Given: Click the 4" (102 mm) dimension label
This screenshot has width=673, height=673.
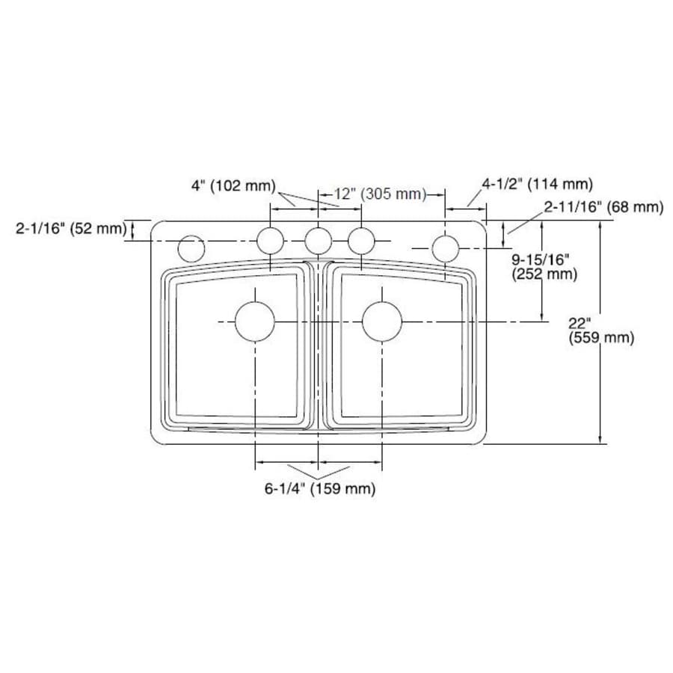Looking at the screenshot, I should pos(233,186).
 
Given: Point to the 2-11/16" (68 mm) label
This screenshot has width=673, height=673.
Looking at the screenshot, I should pos(603,207).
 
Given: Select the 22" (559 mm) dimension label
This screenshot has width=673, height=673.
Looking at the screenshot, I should pos(601,331).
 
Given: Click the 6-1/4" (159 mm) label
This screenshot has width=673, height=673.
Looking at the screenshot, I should pos(319,490).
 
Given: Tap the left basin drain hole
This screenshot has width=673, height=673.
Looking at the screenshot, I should pos(255,322).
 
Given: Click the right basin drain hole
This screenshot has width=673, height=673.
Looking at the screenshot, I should pos(382,322).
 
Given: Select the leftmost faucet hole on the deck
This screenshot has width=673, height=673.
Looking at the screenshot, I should pos(191,248).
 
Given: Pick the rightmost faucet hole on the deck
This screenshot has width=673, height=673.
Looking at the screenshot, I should pos(445,247).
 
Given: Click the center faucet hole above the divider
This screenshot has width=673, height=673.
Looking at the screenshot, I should pos(319,241).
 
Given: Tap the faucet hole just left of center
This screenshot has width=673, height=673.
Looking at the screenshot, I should pos(271,241).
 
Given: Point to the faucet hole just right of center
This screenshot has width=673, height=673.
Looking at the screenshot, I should pos(361,241).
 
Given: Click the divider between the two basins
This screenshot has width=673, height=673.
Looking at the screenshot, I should pos(319,344).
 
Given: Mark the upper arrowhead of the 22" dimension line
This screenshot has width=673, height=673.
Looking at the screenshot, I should pos(602,225).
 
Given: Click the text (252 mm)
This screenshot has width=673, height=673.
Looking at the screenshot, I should pos(544,274).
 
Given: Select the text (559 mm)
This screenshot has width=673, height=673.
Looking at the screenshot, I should pos(601,338).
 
